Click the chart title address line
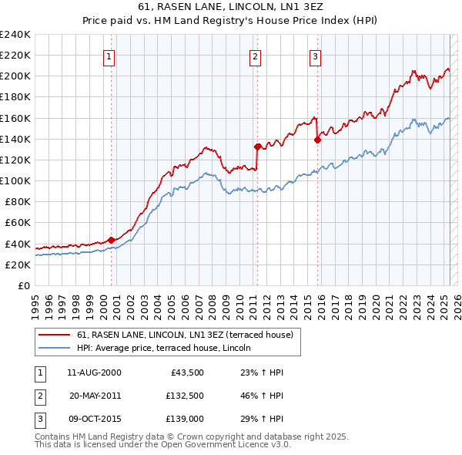(x=230, y=8)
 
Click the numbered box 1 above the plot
(x=109, y=56)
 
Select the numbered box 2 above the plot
(x=254, y=56)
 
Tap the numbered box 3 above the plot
(x=316, y=56)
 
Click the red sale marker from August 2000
(x=111, y=240)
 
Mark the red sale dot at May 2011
(x=257, y=146)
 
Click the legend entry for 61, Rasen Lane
(x=185, y=335)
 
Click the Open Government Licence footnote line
(x=163, y=444)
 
